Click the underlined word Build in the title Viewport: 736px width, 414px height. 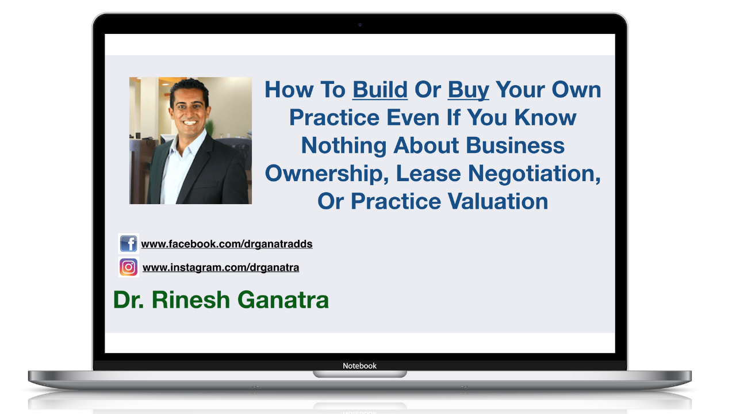[x=380, y=89]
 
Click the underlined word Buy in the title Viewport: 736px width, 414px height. [x=468, y=90]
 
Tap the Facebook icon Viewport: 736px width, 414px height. [x=128, y=243]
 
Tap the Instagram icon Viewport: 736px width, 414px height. [x=128, y=267]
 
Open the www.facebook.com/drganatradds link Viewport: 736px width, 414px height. [x=227, y=244]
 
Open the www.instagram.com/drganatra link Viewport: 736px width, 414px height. [x=221, y=268]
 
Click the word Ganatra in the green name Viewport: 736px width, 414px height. [x=283, y=300]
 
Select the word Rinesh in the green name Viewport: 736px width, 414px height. [x=190, y=300]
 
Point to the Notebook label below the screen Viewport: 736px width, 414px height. [x=359, y=366]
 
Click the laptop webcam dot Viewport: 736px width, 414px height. [x=360, y=25]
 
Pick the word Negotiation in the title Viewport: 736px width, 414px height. [x=534, y=174]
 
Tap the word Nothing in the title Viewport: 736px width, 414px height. [x=344, y=145]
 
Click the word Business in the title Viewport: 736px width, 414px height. [x=515, y=145]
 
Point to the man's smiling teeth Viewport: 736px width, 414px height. [x=190, y=123]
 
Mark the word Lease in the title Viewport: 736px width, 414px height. [x=428, y=173]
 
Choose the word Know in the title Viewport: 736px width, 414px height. [x=545, y=117]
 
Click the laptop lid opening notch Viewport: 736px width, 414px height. [x=360, y=374]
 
